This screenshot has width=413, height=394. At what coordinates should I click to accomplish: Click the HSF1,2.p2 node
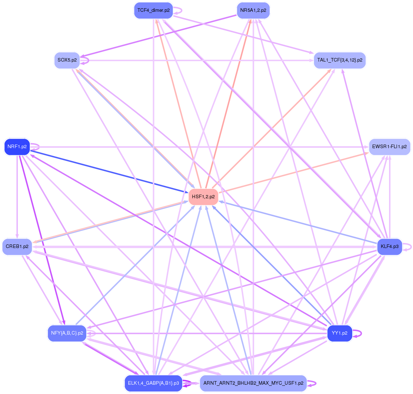203,197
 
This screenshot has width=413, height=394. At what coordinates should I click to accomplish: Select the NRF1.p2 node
17,147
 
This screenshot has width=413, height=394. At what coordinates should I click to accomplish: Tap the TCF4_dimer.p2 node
153,10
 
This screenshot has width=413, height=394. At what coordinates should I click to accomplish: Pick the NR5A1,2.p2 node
253,10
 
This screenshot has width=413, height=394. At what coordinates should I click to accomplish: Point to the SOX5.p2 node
67,60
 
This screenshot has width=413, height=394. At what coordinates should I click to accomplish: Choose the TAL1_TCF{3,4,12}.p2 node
339,60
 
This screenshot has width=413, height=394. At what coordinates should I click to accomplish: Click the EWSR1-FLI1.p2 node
389,147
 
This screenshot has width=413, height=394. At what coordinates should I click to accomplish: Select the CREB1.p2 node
17,247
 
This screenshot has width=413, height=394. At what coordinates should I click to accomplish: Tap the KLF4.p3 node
389,247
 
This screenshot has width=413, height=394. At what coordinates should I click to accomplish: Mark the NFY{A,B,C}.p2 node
67,333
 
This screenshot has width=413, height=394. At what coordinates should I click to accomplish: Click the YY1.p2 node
339,333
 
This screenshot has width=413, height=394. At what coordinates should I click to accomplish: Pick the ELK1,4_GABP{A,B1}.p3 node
153,383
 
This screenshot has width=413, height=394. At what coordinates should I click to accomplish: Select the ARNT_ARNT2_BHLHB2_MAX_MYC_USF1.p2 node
253,383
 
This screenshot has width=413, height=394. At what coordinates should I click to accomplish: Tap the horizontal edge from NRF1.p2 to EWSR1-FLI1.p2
200,147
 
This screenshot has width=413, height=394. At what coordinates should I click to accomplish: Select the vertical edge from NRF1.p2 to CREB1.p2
17,197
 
